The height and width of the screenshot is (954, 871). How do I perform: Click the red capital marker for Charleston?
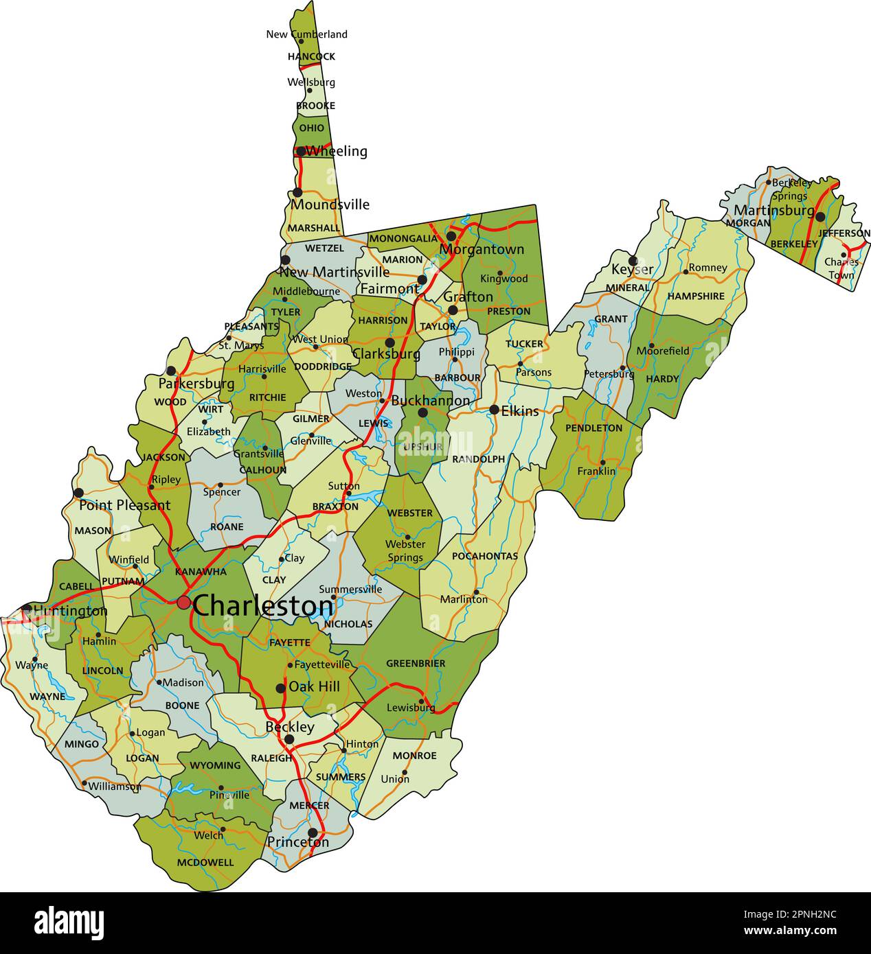click(183, 603)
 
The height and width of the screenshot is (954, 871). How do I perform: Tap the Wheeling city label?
click(336, 151)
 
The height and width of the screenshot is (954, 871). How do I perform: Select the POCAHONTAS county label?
click(485, 556)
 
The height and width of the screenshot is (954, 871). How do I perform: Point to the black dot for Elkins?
click(494, 410)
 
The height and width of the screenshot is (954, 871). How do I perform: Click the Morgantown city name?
click(482, 249)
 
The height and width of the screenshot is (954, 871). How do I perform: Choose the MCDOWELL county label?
click(205, 863)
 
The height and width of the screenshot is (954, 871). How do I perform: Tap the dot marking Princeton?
click(313, 833)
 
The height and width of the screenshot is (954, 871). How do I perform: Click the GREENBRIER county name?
click(416, 664)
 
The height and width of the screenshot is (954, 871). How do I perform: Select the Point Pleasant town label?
click(124, 506)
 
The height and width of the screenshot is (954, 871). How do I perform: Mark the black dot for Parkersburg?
click(171, 371)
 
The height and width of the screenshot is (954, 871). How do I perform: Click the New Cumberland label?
click(307, 34)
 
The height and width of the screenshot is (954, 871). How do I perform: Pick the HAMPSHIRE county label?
click(696, 296)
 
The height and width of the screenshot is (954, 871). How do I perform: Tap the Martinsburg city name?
click(773, 210)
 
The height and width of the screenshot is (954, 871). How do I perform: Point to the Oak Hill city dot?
click(280, 688)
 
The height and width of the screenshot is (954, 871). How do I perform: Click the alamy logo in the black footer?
click(69, 922)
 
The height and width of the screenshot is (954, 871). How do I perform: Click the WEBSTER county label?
click(409, 513)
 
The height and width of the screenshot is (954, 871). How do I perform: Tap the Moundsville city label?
click(330, 205)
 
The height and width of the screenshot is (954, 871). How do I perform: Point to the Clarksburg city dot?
click(389, 342)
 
